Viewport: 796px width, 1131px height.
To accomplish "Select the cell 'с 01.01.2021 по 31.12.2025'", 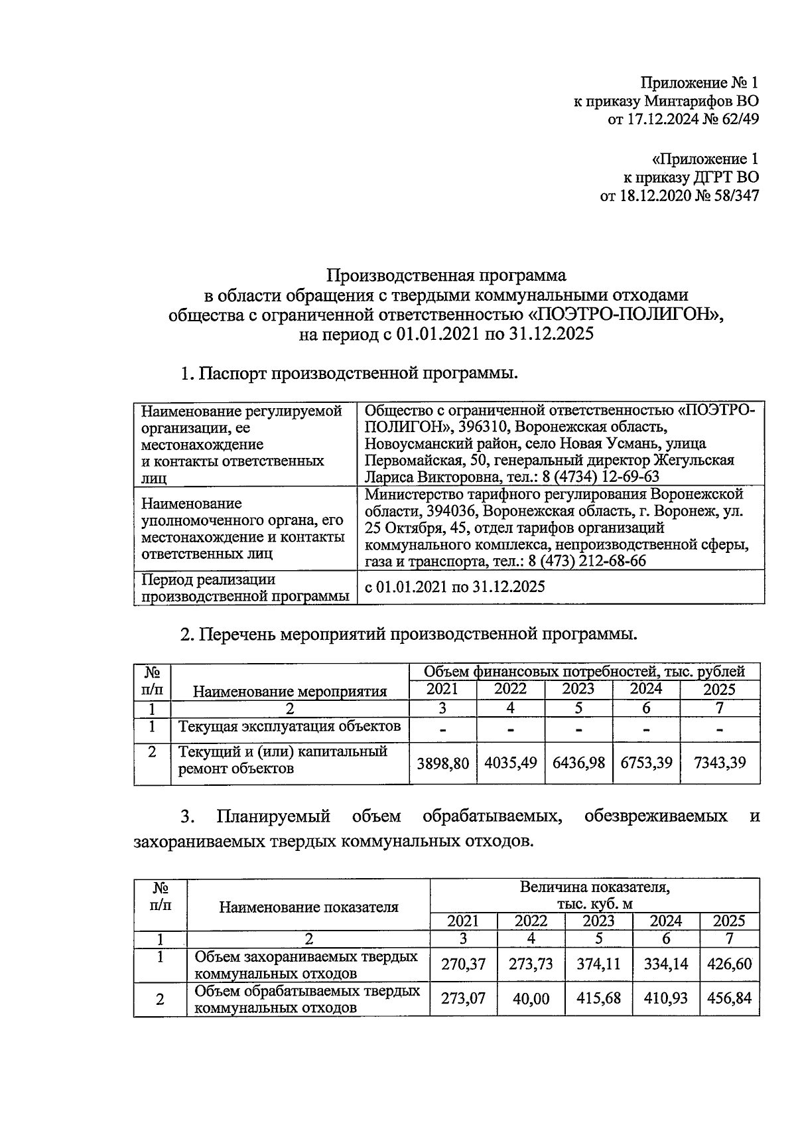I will (x=455, y=587).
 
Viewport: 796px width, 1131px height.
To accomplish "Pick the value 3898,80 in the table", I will (x=442, y=763).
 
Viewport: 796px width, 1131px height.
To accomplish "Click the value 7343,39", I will (x=720, y=763).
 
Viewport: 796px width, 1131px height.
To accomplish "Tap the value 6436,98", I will (x=578, y=763).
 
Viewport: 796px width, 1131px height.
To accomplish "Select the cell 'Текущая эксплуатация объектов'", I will (x=290, y=726).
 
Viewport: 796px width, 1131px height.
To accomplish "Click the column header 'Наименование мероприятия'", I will (x=290, y=692).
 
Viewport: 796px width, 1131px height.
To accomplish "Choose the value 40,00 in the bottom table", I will (x=531, y=998).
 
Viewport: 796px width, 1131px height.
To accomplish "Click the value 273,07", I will (x=463, y=998).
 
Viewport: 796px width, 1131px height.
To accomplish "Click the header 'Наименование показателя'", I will (x=308, y=907).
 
